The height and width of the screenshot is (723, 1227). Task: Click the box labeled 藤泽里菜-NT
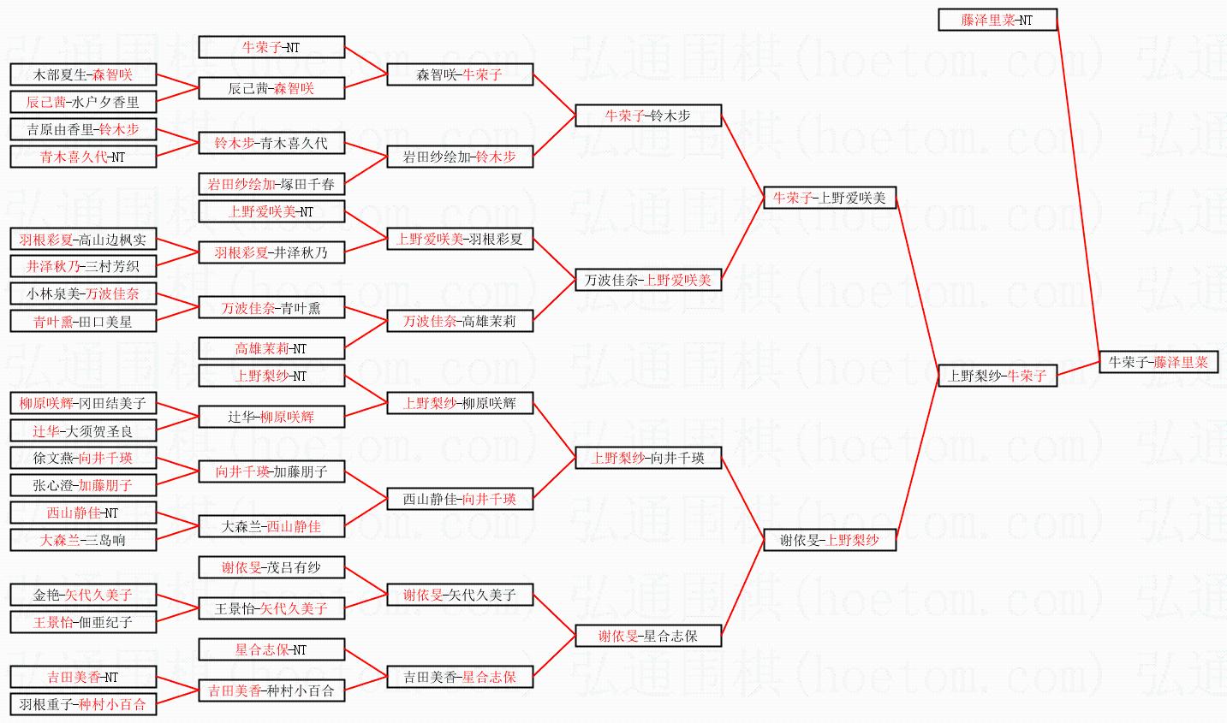click(x=998, y=20)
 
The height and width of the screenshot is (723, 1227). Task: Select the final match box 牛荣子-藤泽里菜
click(x=1159, y=362)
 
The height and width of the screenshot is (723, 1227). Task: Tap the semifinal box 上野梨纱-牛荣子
click(x=998, y=375)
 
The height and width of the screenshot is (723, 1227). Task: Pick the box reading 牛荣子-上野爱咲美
click(x=830, y=198)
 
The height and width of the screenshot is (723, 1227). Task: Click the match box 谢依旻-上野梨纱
click(x=830, y=540)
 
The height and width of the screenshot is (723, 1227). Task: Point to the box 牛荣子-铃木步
click(x=648, y=116)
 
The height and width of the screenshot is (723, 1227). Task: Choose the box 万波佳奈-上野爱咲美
click(x=648, y=280)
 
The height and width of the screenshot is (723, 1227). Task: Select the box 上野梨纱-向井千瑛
click(x=648, y=458)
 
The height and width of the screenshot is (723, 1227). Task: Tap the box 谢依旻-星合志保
click(x=648, y=636)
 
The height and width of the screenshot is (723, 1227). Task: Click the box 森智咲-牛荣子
click(x=460, y=74)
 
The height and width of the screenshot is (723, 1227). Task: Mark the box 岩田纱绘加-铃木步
click(x=460, y=157)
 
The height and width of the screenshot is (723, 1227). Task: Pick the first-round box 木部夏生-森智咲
click(x=83, y=74)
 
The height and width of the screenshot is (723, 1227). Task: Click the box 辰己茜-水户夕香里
click(x=83, y=102)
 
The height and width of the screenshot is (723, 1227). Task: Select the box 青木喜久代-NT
click(x=83, y=157)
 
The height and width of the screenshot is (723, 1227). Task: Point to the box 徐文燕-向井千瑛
click(x=83, y=458)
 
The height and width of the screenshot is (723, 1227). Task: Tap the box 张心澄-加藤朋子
click(x=83, y=485)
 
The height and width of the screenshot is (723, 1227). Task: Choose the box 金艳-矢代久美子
click(x=83, y=595)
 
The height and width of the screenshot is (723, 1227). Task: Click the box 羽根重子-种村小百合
click(x=83, y=704)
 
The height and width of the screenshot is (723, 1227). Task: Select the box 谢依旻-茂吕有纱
click(x=271, y=567)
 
